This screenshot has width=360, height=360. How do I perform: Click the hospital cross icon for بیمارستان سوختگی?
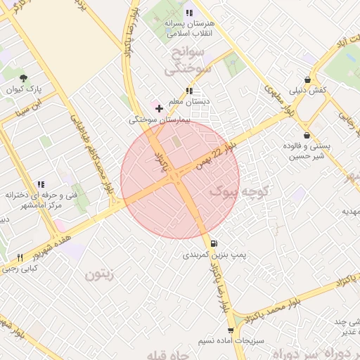pos(160,108)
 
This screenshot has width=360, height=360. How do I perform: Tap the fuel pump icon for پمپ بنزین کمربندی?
pos(214,243)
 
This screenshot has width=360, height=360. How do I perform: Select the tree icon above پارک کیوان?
pos(25,78)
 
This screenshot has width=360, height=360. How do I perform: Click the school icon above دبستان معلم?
pos(188,91)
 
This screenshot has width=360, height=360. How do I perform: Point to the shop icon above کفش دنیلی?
pos(307,80)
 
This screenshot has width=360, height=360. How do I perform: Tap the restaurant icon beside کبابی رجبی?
pos(20,257)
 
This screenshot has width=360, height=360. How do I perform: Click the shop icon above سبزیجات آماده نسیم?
pos(230,330)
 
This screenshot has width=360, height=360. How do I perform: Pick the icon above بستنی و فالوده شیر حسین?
pos(307,135)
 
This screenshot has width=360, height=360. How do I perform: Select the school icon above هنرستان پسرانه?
pos(188,13)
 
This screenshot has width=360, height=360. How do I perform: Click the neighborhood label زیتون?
pos(99,274)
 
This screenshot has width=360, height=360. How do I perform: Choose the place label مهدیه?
pos(350,211)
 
